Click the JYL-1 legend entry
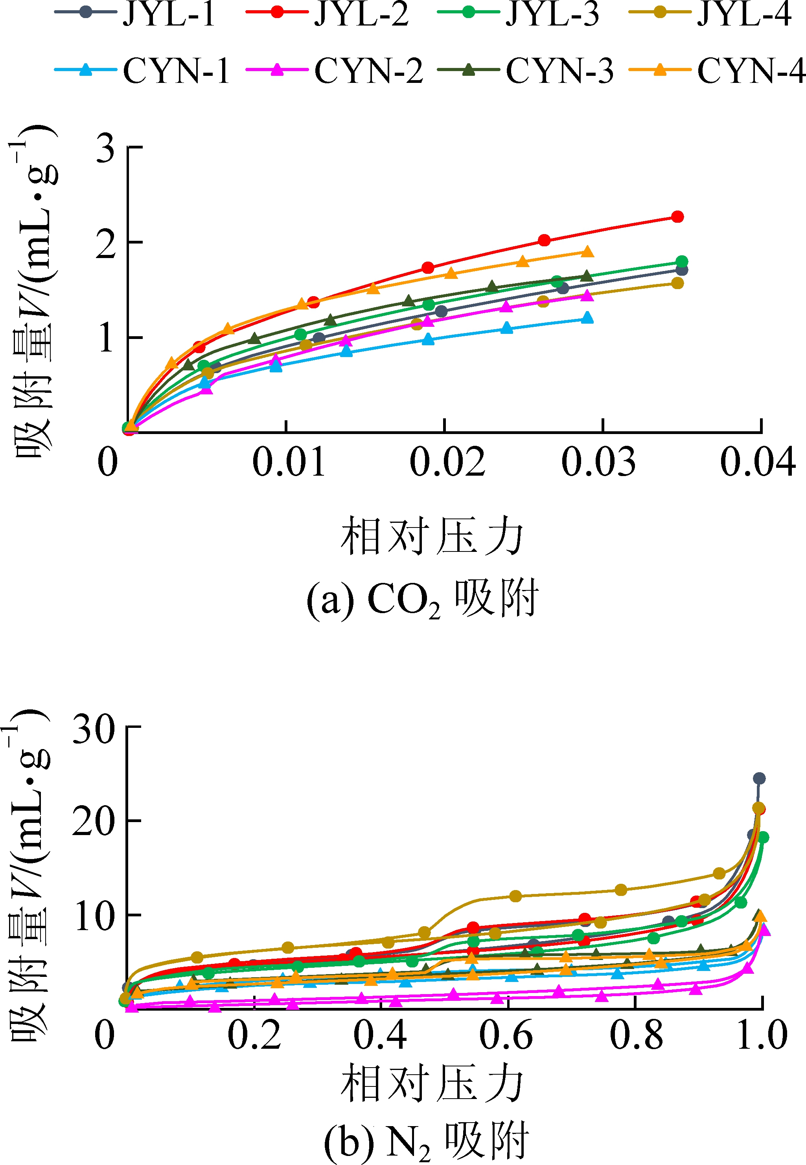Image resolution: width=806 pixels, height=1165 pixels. coord(135,14)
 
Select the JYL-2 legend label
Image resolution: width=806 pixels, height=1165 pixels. coord(327,14)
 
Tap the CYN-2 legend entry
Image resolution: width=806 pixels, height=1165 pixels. coord(334,70)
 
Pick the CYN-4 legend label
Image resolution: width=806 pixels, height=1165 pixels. coord(717,70)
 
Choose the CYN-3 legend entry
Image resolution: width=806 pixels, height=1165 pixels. coord(526,70)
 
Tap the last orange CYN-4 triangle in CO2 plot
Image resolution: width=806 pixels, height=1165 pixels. coord(587,252)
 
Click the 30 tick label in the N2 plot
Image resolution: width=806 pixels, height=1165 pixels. coord(94,729)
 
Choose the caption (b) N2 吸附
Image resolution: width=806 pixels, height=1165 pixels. coord(426,1141)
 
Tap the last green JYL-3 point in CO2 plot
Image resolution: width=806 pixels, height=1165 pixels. coord(681,261)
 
